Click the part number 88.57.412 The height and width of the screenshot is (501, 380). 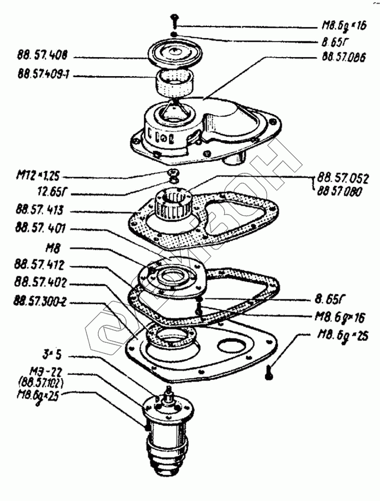click(x=40, y=266)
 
